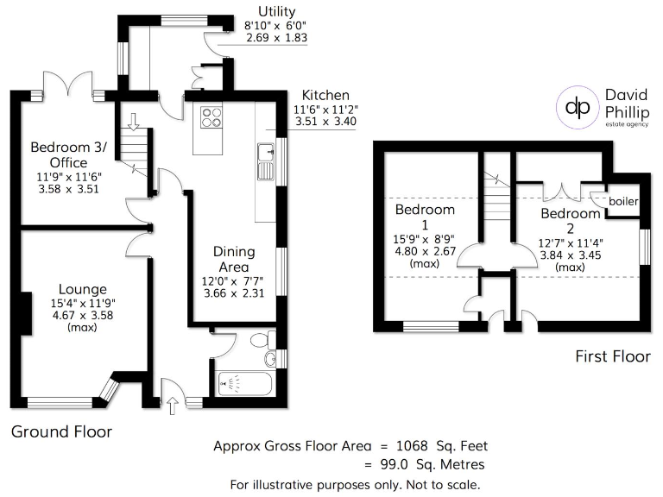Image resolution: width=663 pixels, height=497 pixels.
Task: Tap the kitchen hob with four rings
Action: (211, 116)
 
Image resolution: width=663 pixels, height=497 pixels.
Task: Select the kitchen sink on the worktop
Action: (263, 160)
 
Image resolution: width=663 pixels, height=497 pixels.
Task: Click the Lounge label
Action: (83, 289)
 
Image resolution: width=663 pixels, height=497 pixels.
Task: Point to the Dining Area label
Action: (234, 259)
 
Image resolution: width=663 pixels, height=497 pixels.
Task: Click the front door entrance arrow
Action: (172, 401)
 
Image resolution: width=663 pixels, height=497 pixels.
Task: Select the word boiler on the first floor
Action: (623, 201)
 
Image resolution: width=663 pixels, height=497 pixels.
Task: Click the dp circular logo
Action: (575, 107)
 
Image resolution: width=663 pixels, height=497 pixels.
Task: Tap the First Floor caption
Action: (612, 355)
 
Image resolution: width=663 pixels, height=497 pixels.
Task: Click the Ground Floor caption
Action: (61, 431)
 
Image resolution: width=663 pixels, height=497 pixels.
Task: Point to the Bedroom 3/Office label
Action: (68, 154)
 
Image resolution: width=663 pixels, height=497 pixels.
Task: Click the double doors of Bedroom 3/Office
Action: (67, 86)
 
